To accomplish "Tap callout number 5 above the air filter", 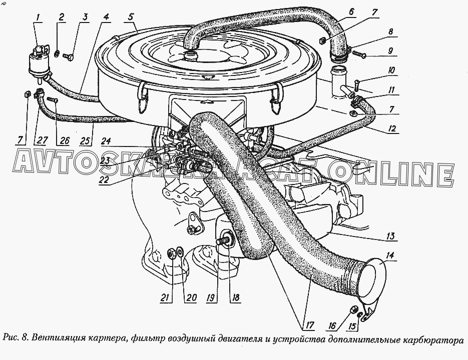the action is pos(131,17).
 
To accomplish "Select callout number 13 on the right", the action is pos(390,236).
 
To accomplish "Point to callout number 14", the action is pos(390,255).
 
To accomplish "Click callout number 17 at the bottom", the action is pos(308,325).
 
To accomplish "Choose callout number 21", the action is pos(165,297).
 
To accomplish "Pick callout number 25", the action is pos(85,140).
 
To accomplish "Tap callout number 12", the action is pos(391,128).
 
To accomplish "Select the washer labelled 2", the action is pos(57,54).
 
